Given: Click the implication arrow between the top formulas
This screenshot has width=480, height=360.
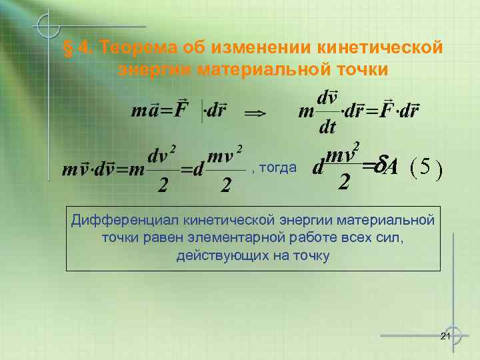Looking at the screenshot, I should click(x=255, y=114).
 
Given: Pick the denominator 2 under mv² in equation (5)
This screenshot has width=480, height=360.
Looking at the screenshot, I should click(x=343, y=181).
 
